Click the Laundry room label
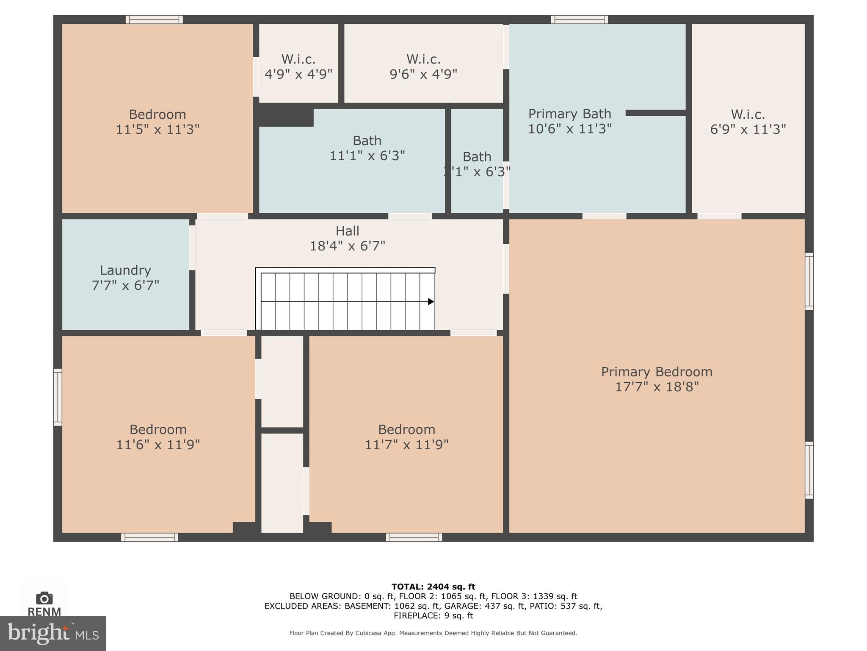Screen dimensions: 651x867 tap(125, 270)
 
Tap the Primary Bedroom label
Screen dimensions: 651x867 tap(657, 372)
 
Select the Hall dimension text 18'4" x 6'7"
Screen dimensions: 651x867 tap(348, 246)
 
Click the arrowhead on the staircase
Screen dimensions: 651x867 tap(431, 302)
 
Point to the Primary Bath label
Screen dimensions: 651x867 tap(569, 114)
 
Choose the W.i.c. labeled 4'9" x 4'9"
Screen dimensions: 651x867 tap(298, 67)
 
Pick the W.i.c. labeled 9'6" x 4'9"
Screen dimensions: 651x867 tap(423, 67)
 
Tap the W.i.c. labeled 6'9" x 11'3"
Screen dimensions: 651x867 tap(748, 122)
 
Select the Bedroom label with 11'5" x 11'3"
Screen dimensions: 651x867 tap(157, 114)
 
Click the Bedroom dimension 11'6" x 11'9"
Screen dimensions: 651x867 tap(158, 444)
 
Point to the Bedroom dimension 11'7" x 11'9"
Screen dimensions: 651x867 tap(406, 444)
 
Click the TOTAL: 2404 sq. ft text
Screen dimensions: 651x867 tap(433, 587)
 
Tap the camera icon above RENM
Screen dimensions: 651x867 tap(44, 598)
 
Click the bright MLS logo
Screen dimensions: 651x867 tap(52, 634)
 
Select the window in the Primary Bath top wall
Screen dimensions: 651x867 tap(579, 19)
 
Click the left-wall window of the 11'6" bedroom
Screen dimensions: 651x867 tap(58, 397)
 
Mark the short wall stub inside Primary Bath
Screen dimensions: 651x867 tap(655, 113)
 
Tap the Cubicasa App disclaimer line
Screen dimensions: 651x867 tap(433, 633)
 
